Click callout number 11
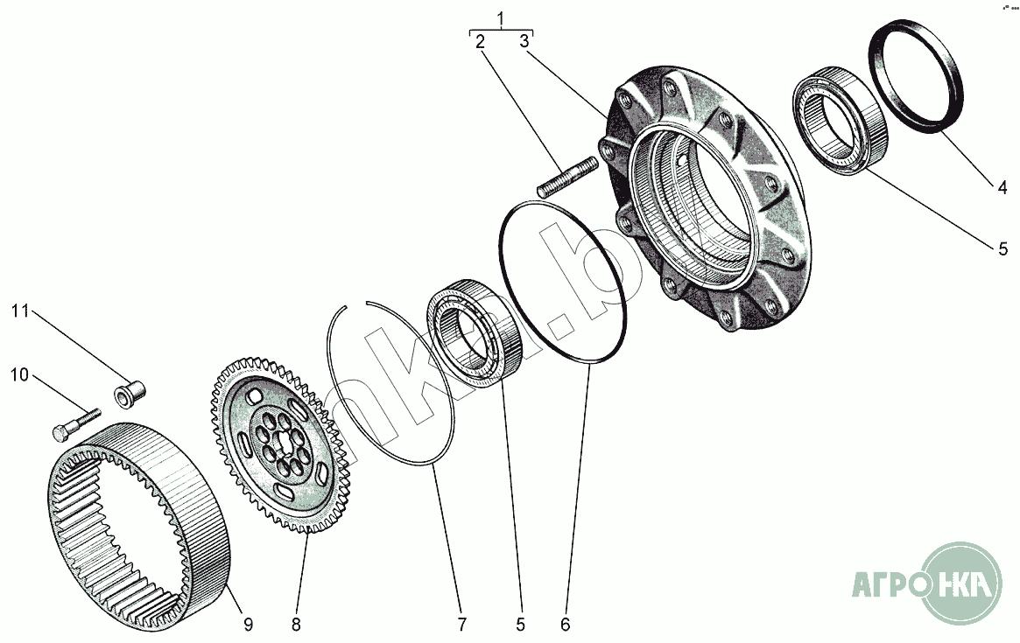20,311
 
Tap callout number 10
20,375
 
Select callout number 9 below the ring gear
248,624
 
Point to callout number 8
296,624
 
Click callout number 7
461,624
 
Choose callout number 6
565,624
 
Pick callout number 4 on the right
1003,185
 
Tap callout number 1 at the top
500,18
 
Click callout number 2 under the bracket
479,41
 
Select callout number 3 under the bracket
524,41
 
